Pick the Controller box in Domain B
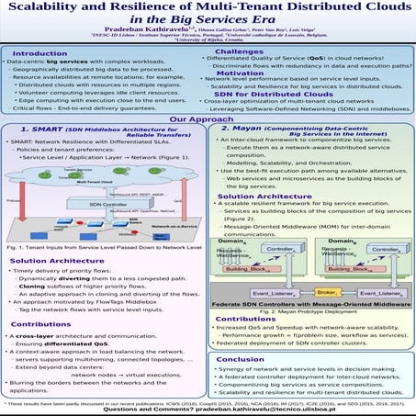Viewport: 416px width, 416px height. tap(365, 249)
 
